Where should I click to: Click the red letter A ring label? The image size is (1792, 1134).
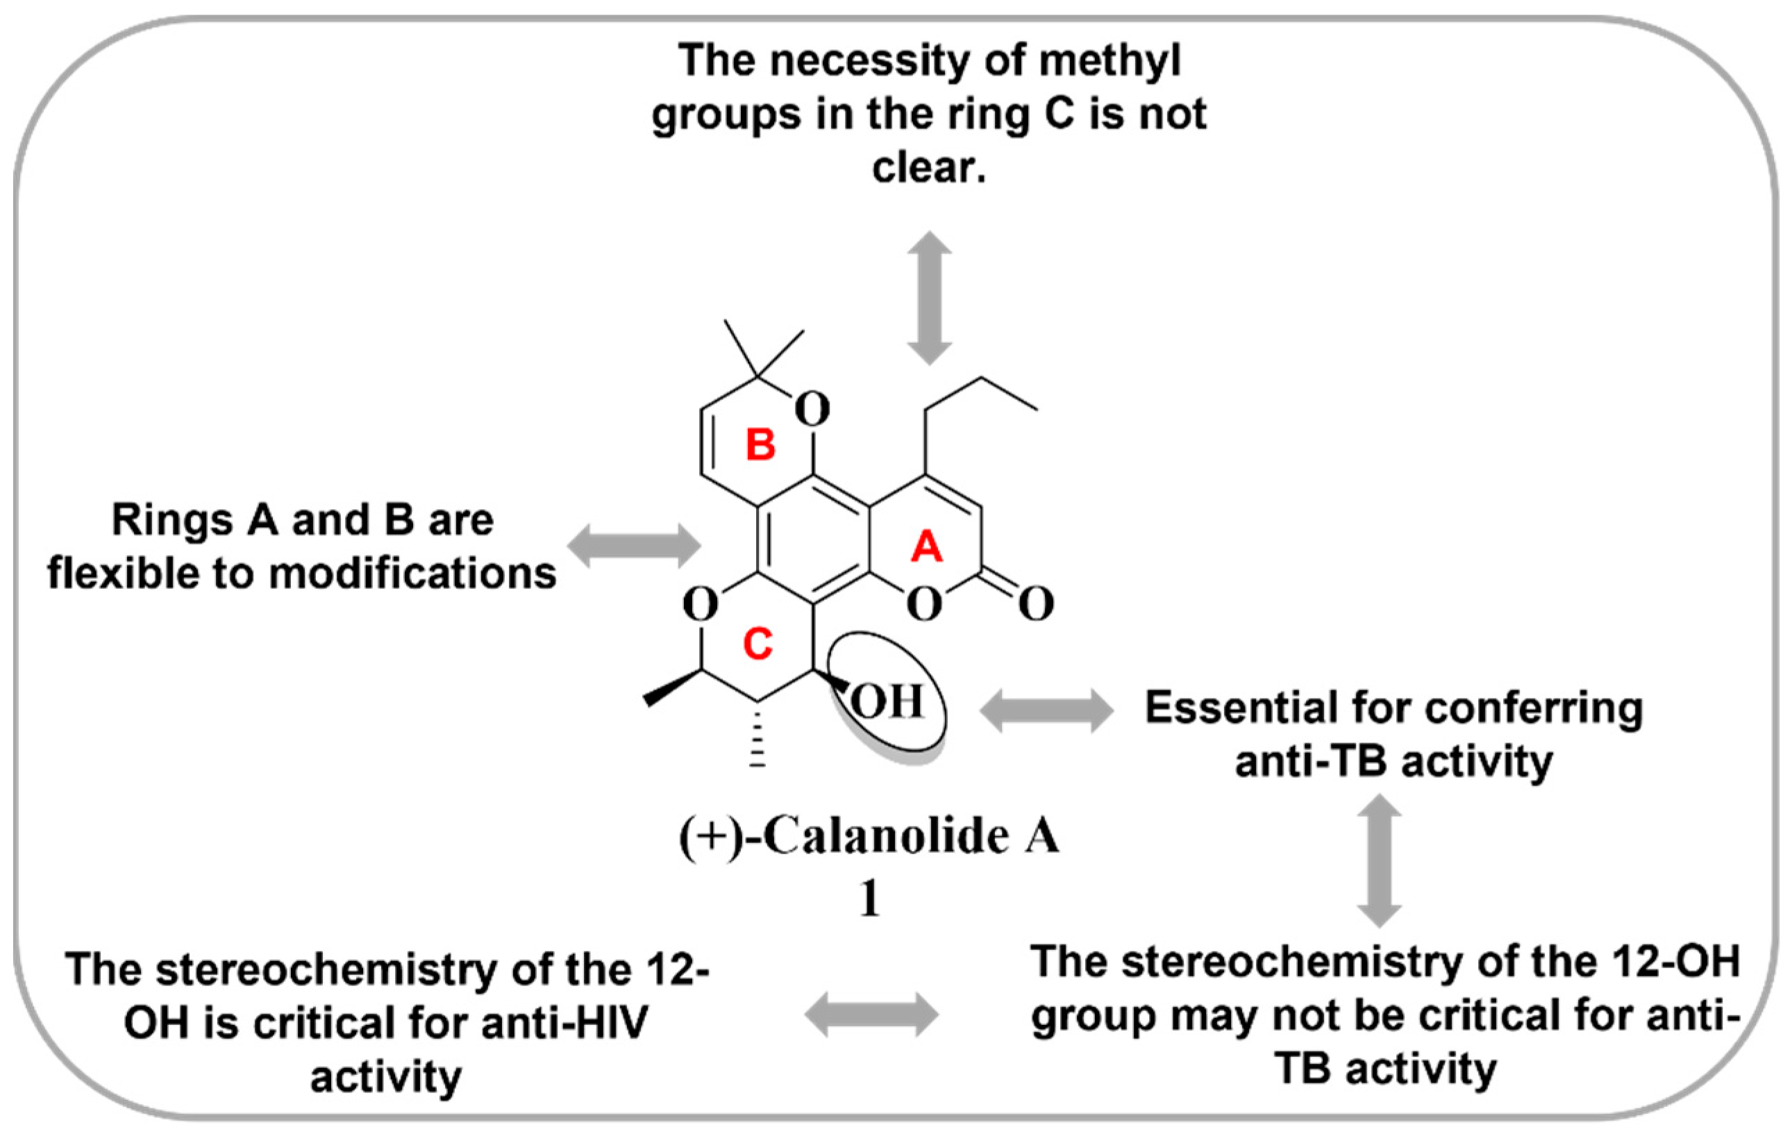point(926,547)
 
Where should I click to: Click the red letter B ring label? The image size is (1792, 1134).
point(760,445)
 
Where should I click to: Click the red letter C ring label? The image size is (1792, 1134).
point(757,644)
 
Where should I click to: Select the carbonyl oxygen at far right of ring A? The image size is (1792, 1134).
point(1036,603)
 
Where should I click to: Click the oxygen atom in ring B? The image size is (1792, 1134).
point(812,408)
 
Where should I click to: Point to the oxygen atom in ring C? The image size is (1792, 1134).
point(701,604)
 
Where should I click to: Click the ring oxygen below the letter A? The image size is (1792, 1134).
point(924,604)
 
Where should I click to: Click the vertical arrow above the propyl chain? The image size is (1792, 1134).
point(930,298)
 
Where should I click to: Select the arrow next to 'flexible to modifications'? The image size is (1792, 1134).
point(634,545)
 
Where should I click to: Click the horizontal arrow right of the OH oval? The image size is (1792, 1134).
point(1046,710)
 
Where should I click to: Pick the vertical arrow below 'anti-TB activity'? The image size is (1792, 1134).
point(1379,861)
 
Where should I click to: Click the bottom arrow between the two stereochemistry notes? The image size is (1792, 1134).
point(871,1014)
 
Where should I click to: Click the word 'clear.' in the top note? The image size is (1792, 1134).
point(929,167)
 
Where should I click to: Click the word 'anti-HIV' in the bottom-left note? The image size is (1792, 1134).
point(563,1023)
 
